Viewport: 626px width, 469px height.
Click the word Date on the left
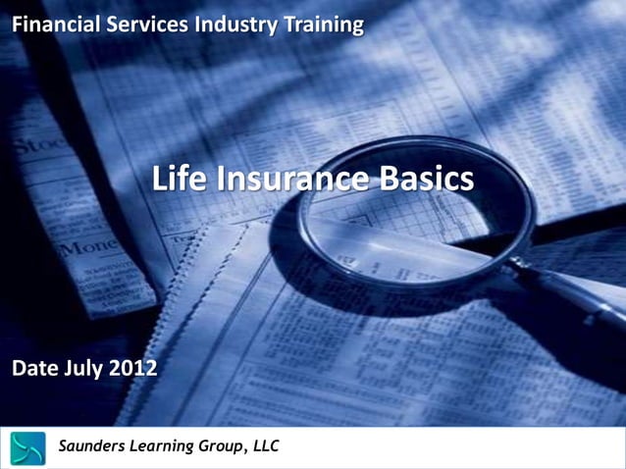point(35,369)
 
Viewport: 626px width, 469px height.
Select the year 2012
point(132,369)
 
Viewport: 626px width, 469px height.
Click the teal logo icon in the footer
point(28,447)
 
